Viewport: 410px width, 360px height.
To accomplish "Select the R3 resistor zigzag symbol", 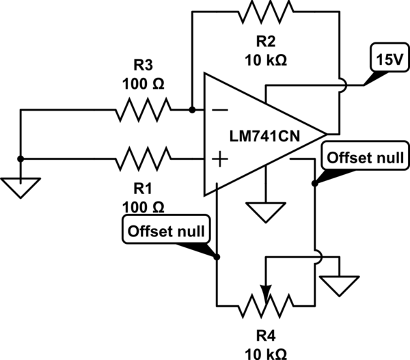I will click(143, 109).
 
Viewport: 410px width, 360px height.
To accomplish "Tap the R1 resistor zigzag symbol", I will click(143, 160).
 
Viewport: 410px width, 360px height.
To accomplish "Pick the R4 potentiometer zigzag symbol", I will click(266, 305).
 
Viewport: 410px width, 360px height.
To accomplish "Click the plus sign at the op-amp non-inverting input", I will click(220, 160).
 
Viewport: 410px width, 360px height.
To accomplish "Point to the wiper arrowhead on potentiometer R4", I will click(266, 290).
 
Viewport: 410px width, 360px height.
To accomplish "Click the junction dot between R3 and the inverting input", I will click(192, 109).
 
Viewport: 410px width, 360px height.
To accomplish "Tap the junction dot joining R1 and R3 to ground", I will click(20, 159).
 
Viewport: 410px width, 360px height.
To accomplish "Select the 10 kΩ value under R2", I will click(264, 59).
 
